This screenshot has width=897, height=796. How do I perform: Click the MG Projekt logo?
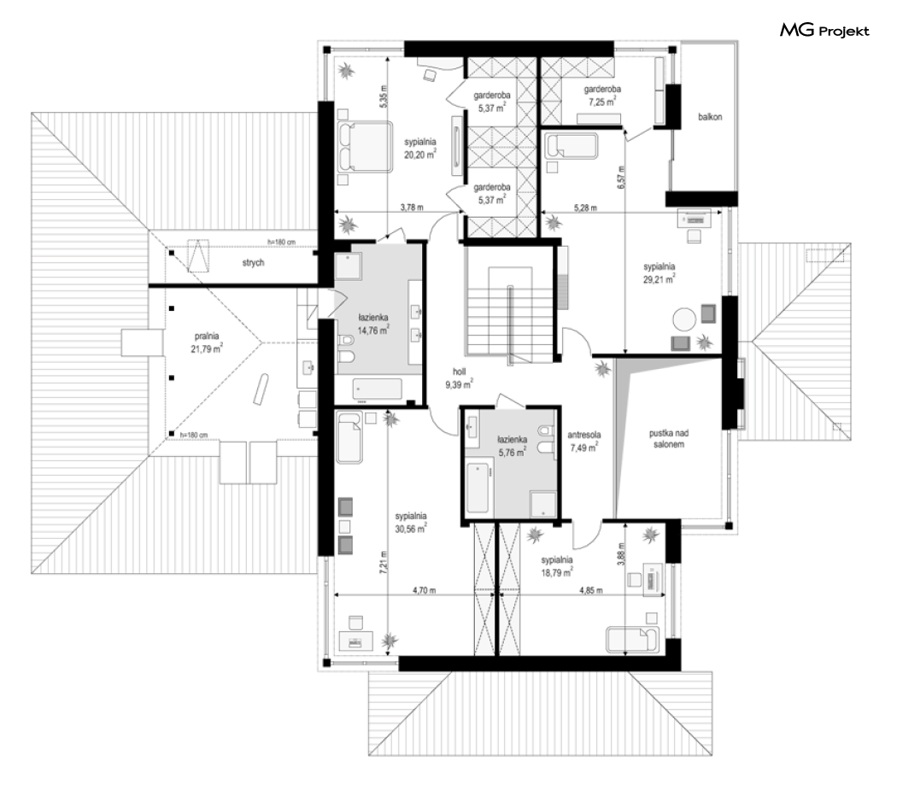824,30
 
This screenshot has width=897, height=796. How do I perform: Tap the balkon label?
710,117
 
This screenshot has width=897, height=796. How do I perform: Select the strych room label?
253,263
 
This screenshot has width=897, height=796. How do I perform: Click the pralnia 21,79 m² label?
207,343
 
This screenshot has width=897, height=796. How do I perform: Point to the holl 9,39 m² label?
459,378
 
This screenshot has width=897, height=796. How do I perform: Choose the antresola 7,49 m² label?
584,441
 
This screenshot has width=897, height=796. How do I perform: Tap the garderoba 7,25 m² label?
601,96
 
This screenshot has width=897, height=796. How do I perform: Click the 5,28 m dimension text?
585,208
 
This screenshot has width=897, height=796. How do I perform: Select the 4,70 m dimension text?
424,590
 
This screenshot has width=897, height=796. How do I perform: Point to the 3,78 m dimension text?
411,208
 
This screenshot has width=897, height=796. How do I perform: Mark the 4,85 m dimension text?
590,591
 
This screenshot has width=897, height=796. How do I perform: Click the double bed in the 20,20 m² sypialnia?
365,146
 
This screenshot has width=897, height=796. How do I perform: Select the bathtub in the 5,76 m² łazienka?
478,488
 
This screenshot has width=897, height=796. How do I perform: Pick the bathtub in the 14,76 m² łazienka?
378,389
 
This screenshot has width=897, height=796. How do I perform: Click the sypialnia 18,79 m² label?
557,566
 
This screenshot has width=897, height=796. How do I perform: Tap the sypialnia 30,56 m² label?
411,523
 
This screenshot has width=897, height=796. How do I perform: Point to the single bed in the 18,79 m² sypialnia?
632,640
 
